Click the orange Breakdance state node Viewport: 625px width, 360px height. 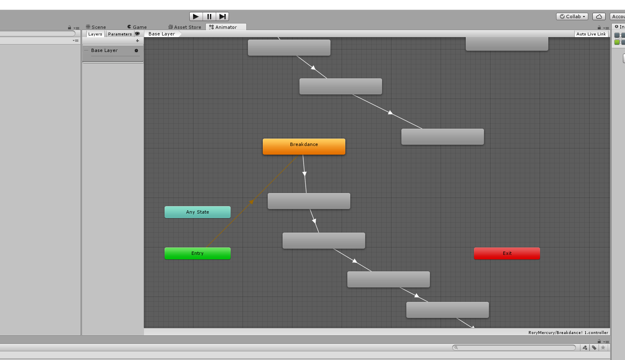304,146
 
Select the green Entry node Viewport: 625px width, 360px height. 198,253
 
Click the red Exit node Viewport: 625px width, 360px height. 507,253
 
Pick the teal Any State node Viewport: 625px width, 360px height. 198,212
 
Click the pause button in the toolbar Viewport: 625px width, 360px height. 209,16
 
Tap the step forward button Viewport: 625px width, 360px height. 222,16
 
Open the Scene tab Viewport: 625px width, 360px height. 96,27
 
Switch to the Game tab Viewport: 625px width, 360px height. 137,27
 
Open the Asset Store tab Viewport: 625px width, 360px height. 185,27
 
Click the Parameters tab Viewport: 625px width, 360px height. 120,34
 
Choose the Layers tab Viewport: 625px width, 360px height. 95,34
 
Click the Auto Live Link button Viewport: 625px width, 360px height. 591,34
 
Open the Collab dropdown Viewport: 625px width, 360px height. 572,16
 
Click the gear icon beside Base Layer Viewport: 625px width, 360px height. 136,50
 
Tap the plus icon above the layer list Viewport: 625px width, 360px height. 137,41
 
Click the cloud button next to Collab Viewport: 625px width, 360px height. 599,16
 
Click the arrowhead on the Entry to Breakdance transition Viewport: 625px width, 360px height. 251,202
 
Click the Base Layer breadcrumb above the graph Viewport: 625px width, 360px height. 162,34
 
